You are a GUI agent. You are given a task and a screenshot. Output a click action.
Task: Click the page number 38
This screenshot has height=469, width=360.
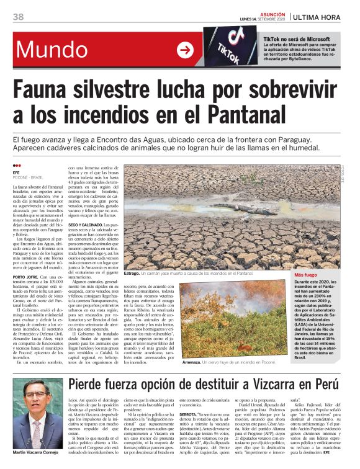(19, 17)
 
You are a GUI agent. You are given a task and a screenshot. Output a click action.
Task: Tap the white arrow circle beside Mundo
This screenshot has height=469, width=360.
(185, 50)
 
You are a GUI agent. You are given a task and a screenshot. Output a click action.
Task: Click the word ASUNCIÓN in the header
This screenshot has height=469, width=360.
(270, 14)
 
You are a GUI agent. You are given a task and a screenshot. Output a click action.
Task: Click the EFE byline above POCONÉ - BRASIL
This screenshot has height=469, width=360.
(17, 172)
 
